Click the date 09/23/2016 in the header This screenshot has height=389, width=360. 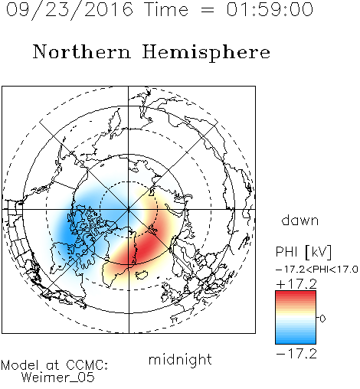pos(69,10)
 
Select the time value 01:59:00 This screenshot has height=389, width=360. pos(270,9)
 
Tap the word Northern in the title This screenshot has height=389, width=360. pos(82,52)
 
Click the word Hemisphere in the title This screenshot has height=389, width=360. pos(206,53)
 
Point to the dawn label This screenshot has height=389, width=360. pos(300,220)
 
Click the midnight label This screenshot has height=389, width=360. pos(180,359)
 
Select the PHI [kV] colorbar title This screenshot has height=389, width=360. pos(303,252)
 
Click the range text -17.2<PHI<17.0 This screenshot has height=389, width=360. pos(317,270)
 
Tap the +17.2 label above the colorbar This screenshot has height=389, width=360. pos(296,284)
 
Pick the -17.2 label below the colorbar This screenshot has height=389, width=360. pos(296,354)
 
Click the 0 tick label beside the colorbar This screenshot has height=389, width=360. pos(322,319)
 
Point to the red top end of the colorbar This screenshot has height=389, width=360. pos(296,293)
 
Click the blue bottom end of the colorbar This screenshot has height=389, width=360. pos(296,342)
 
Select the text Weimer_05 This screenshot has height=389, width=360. pos(57,378)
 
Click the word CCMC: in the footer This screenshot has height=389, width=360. pos(87,365)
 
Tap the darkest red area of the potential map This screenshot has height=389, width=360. pos(146,247)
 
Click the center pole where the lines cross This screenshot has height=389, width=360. pos(129,209)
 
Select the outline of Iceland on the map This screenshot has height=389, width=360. pos(141,275)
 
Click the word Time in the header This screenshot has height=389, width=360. pos(166,9)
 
